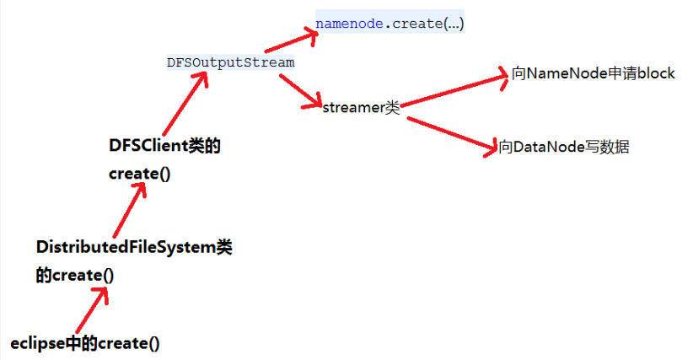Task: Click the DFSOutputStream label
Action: pyautogui.click(x=231, y=62)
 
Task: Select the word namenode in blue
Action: pyautogui.click(x=349, y=24)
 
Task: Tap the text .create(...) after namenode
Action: pyautogui.click(x=424, y=24)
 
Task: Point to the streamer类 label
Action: pyautogui.click(x=361, y=107)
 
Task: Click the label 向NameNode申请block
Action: pyautogui.click(x=594, y=73)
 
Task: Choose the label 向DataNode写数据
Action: pyautogui.click(x=563, y=147)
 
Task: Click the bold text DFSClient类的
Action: pyautogui.click(x=164, y=145)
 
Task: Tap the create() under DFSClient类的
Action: pyautogui.click(x=140, y=174)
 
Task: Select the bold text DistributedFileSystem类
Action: pyautogui.click(x=134, y=247)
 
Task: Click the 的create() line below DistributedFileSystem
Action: pyautogui.click(x=75, y=275)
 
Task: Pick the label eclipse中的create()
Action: pyautogui.click(x=85, y=343)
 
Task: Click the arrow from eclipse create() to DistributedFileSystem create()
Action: pyautogui.click(x=92, y=310)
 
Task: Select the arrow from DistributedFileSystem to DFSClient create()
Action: pyautogui.click(x=130, y=210)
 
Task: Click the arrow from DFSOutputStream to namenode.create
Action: pyautogui.click(x=291, y=41)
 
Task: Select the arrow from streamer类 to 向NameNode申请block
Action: pyautogui.click(x=454, y=89)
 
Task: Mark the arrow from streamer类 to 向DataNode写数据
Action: pyautogui.click(x=452, y=135)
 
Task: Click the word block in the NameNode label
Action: pyautogui.click(x=656, y=73)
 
